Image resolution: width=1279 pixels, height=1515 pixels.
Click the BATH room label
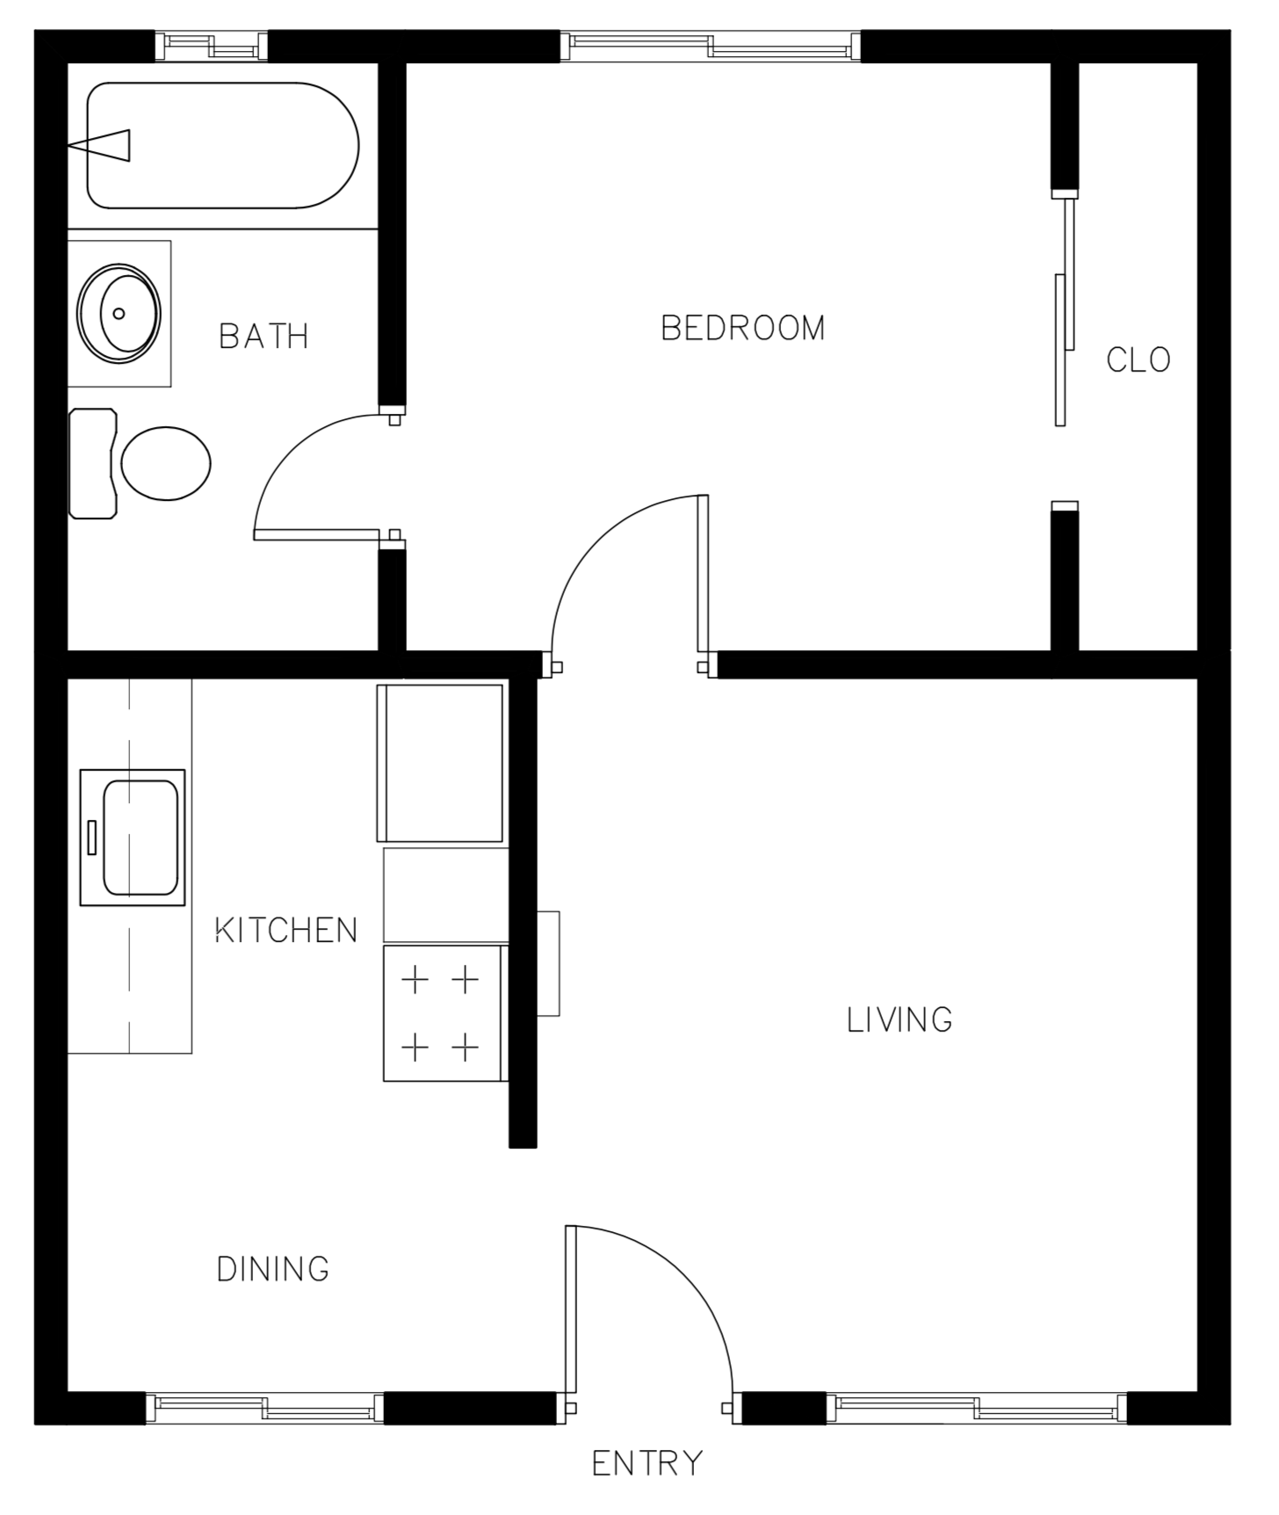tap(264, 337)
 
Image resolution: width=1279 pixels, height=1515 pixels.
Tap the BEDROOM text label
tap(742, 329)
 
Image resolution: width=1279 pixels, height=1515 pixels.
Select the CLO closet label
tap(1138, 360)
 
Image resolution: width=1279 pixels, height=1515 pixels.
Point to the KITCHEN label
tap(286, 931)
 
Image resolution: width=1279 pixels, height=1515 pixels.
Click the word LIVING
tap(900, 1020)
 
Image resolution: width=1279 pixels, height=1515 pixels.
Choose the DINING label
tap(272, 1269)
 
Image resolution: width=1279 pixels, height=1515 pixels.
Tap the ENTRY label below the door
tap(647, 1464)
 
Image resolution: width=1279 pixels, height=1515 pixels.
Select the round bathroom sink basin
tap(119, 314)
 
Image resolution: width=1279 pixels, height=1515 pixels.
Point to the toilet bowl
tap(166, 463)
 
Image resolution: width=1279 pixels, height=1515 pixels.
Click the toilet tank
tap(92, 463)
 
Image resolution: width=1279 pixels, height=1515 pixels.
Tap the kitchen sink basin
tap(141, 837)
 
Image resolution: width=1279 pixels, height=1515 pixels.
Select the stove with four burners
tap(442, 1013)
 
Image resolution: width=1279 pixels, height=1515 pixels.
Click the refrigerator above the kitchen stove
tap(440, 763)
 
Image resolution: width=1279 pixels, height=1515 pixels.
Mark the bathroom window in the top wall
tap(211, 47)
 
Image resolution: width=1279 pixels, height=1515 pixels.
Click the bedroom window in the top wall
tap(710, 47)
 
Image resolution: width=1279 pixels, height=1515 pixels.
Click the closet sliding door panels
tap(1064, 312)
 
